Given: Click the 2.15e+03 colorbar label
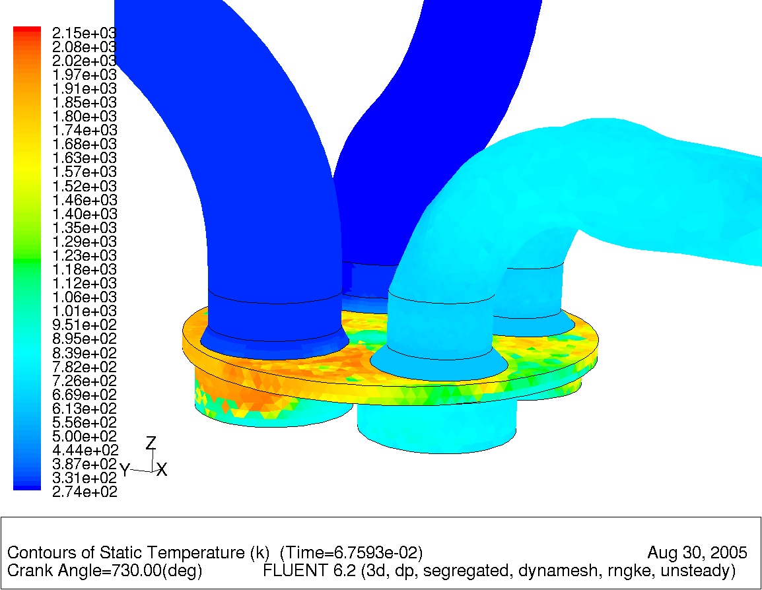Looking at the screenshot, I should coord(84,33).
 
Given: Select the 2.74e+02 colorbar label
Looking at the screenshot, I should coord(84,492).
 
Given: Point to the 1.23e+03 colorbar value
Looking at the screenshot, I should coord(84,255).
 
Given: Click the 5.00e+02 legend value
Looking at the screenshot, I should coord(84,436).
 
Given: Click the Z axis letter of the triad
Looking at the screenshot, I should coord(151,443).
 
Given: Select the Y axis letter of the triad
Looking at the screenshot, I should coord(124,471).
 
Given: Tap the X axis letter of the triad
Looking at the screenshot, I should coord(162,470).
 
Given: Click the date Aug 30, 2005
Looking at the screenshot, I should coord(697,552).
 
